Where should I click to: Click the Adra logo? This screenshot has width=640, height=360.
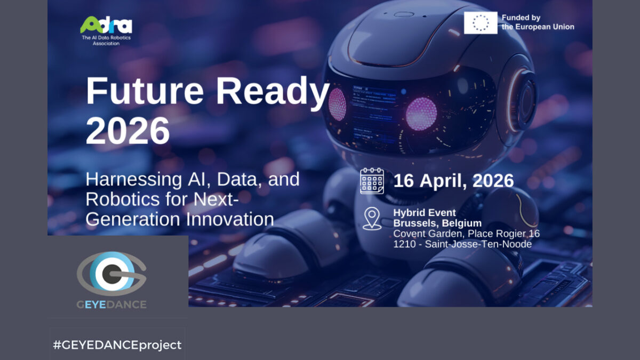click(x=106, y=25)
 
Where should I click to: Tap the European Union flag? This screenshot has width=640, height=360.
click(x=481, y=23)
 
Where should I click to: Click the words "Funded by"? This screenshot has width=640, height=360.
click(x=521, y=18)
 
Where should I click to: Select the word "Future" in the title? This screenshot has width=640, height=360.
click(x=145, y=91)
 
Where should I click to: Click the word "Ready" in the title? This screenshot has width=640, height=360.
click(x=273, y=93)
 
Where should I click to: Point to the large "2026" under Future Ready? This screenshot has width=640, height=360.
click(x=127, y=131)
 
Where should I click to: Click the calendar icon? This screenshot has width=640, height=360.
click(x=372, y=181)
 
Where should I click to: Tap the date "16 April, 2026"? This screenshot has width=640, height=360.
click(x=453, y=181)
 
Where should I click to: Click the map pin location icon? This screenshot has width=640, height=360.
click(x=372, y=219)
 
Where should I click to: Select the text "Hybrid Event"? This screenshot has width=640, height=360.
click(x=425, y=213)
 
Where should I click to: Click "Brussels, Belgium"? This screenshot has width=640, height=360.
click(x=437, y=223)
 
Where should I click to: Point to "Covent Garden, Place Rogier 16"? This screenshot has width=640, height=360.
click(x=466, y=234)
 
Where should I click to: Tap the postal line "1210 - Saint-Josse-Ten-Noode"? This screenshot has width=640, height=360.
click(x=462, y=244)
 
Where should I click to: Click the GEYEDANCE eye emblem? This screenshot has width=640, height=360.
click(x=111, y=274)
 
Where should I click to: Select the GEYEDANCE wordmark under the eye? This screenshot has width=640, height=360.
click(x=111, y=305)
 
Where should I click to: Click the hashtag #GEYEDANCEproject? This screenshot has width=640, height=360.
click(x=117, y=345)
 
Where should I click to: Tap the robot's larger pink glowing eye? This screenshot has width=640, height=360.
click(x=421, y=114)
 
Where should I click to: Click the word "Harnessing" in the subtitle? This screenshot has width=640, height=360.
click(x=134, y=180)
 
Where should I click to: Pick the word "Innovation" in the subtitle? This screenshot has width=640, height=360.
click(x=230, y=219)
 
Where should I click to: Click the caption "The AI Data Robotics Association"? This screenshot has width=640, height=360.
click(x=106, y=41)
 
